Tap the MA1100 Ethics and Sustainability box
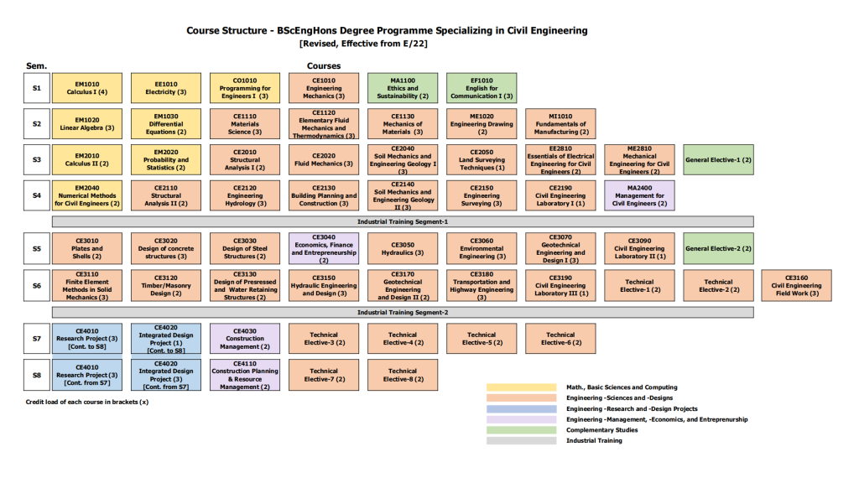tap(403, 88)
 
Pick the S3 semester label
tap(36, 159)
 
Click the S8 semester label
tap(36, 375)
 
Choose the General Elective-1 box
tap(718, 159)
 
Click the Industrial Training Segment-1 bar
tap(403, 221)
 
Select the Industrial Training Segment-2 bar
tap(403, 312)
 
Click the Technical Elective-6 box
tap(560, 339)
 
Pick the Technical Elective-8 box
tap(403, 375)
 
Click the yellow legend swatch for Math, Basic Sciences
tap(521, 387)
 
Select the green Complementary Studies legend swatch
tap(521, 430)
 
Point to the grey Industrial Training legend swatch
tap(521, 440)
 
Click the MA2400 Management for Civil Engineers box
tap(639, 195)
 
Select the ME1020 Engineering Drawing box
tap(482, 123)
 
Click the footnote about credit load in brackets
tap(87, 402)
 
